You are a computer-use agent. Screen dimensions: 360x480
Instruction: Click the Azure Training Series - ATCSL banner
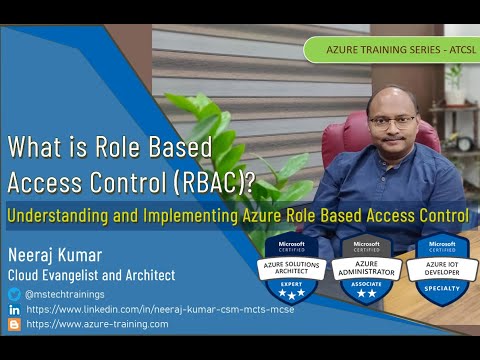coord(389,49)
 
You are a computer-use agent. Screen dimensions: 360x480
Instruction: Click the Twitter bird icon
coord(14,294)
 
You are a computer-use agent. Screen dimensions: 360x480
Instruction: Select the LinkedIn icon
coord(14,309)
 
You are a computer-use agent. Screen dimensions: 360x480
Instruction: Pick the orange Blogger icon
coord(14,324)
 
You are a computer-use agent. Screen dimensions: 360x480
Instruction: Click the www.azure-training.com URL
coord(97,324)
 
